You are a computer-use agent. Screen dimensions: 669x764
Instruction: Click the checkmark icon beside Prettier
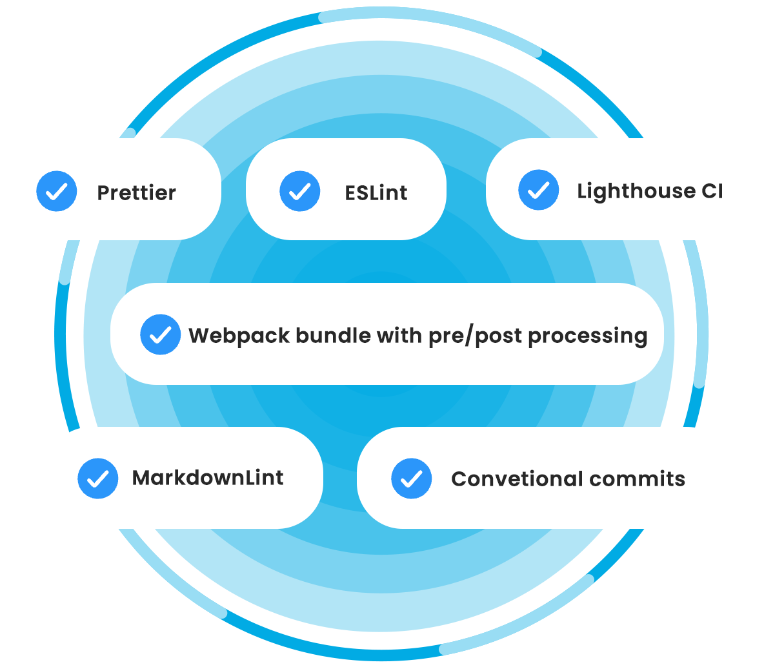pos(57,191)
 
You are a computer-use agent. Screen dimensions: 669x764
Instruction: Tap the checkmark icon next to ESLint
pos(300,191)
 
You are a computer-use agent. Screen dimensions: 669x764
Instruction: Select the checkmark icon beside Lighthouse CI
pos(539,190)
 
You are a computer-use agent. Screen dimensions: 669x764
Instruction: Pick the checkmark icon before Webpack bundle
pos(160,334)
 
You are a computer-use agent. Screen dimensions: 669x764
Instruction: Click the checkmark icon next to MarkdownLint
pos(98,479)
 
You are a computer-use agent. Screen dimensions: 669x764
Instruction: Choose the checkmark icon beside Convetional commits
pos(412,479)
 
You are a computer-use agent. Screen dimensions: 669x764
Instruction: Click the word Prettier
pos(136,192)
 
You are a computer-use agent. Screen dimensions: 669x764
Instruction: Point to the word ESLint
pos(376,192)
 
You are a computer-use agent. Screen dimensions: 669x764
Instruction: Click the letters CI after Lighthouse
pos(712,191)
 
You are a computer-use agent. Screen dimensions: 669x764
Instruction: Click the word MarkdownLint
pos(208,478)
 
